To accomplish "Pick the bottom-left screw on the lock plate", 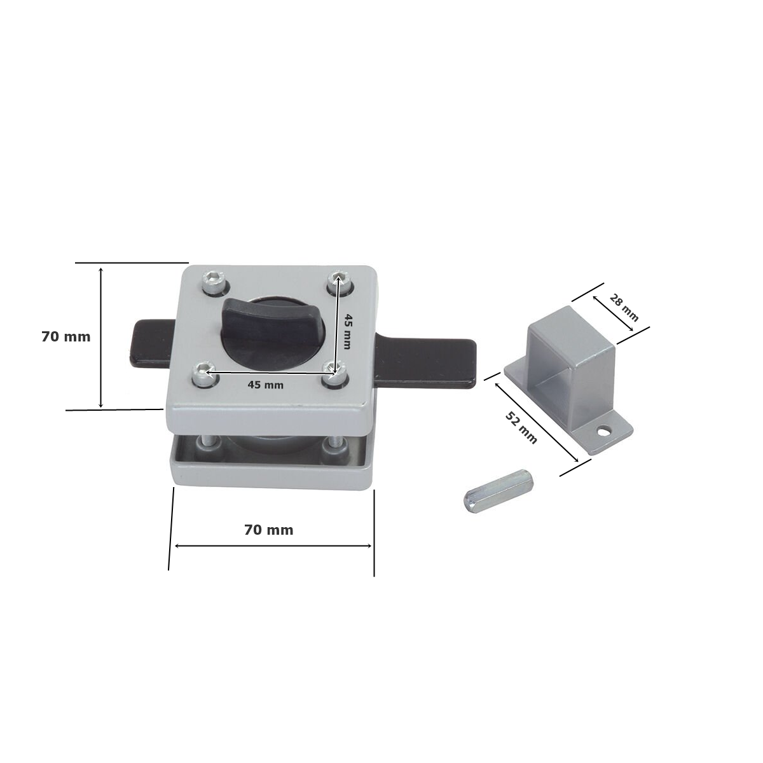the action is pos(205,374).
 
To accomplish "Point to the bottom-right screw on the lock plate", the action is pos(334,373).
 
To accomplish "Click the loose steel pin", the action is pos(498,491).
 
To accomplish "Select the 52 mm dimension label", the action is pos(521,428).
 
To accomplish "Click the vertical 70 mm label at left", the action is pos(65,337).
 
